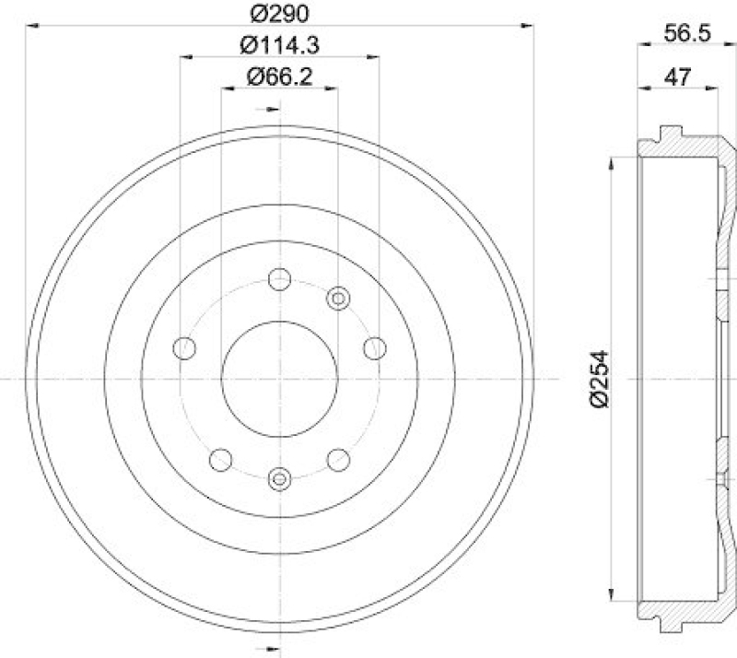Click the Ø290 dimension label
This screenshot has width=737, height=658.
point(279,15)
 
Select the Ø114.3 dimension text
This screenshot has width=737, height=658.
point(279,44)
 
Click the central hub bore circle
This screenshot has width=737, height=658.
point(279,379)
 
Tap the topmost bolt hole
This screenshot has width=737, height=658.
point(279,278)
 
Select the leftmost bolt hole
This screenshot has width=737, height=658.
point(184,348)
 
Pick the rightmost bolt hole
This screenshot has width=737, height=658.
point(374,348)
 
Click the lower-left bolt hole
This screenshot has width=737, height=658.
point(220,459)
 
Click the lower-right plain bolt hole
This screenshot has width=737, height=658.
point(338,459)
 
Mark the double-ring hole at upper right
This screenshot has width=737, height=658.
point(339,298)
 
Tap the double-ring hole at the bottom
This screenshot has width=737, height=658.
point(279,478)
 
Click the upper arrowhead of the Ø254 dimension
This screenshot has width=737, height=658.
point(613,164)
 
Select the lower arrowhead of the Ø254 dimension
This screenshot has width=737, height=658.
point(613,593)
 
